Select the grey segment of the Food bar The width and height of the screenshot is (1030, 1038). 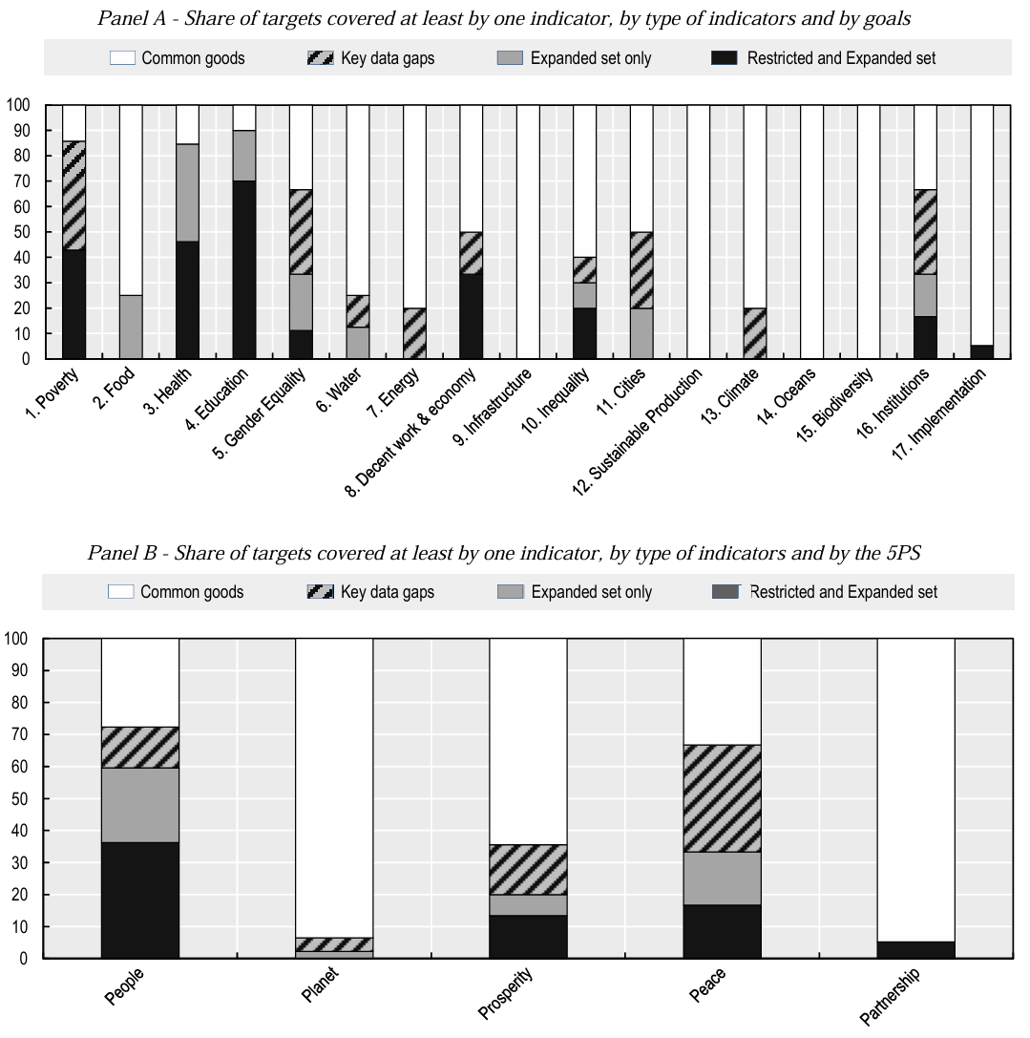tap(131, 327)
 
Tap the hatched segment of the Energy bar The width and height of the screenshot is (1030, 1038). tap(414, 333)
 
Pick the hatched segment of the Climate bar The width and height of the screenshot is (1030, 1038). tap(755, 333)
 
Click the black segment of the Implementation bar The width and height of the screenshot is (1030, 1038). tap(982, 351)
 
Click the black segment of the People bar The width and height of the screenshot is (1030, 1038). tap(139, 900)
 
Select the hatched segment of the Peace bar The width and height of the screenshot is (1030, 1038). tap(722, 798)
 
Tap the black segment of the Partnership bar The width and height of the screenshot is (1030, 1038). tap(915, 949)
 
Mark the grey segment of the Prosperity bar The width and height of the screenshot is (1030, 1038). tap(528, 905)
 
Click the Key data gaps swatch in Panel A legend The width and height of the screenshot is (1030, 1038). tap(320, 58)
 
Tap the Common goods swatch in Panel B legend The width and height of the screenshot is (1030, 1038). tap(120, 592)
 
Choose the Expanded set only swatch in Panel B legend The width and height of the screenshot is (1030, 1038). tap(511, 592)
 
